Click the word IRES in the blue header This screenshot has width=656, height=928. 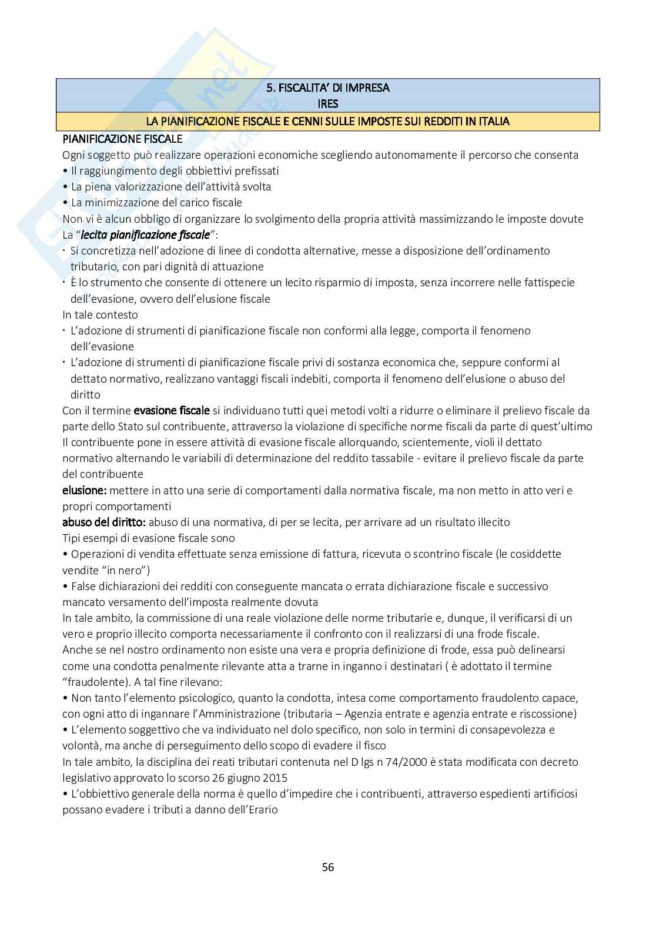328,104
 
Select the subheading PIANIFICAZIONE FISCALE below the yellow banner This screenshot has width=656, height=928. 122,139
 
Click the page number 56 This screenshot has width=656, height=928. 328,867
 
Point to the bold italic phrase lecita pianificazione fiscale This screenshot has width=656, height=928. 145,234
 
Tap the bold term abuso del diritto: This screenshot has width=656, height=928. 104,522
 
